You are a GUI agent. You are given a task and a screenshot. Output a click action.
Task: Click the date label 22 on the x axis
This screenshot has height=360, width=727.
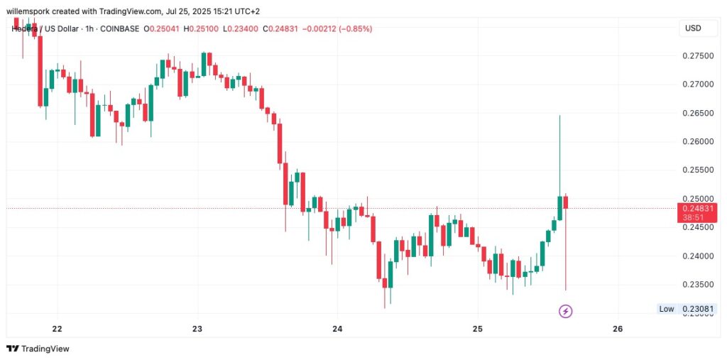pos(58,329)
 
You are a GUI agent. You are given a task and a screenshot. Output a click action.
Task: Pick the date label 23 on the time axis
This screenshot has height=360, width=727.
pos(197,329)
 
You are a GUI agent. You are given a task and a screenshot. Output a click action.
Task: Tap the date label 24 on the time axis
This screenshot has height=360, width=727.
pos(337,329)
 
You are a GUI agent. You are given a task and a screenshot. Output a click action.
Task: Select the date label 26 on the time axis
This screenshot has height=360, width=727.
pos(617,329)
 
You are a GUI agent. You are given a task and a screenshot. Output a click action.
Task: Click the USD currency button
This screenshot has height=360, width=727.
pos(692,28)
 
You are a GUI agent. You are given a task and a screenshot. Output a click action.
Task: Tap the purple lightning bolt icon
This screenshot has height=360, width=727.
pos(566,311)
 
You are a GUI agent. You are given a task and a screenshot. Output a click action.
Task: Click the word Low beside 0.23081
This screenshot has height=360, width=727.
pos(666,309)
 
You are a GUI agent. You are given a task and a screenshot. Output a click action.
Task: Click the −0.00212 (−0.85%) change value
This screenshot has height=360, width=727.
pos(337,28)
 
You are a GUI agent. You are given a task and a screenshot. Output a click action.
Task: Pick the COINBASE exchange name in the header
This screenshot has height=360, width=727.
pos(117,28)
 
